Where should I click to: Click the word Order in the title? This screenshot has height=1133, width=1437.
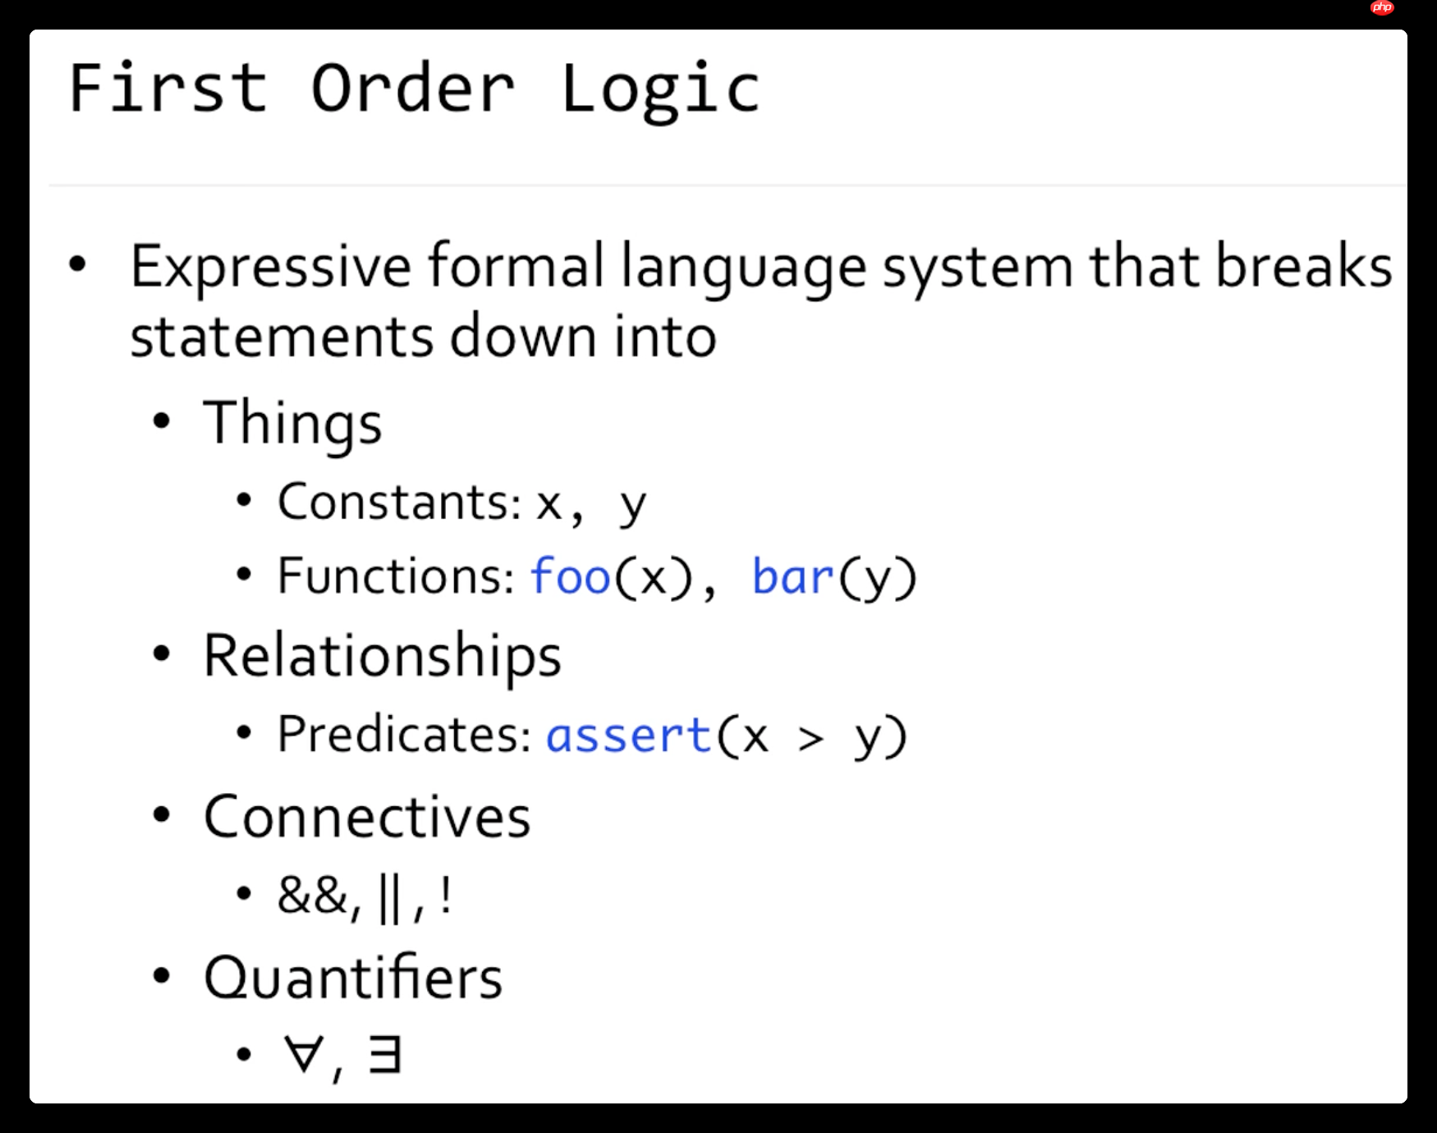click(412, 89)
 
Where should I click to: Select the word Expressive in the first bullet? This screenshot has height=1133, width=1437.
click(270, 267)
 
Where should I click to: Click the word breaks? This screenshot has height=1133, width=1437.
click(1303, 267)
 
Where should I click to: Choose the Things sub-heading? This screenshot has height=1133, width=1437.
click(292, 424)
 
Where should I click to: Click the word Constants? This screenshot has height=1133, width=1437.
click(399, 502)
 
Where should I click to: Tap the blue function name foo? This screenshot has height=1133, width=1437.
click(571, 576)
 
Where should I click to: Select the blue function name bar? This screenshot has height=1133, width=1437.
click(792, 576)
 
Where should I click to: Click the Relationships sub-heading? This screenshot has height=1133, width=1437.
click(382, 657)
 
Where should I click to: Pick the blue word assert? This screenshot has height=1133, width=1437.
click(628, 735)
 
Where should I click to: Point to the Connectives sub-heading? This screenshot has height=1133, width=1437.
click(367, 818)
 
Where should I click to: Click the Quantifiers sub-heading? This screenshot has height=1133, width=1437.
click(353, 979)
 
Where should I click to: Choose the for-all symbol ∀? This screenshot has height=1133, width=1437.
click(303, 1054)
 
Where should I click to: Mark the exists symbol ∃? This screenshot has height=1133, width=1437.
click(384, 1054)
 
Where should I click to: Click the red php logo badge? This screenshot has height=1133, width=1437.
click(1382, 8)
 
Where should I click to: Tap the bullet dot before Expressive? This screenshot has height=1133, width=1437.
click(78, 264)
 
